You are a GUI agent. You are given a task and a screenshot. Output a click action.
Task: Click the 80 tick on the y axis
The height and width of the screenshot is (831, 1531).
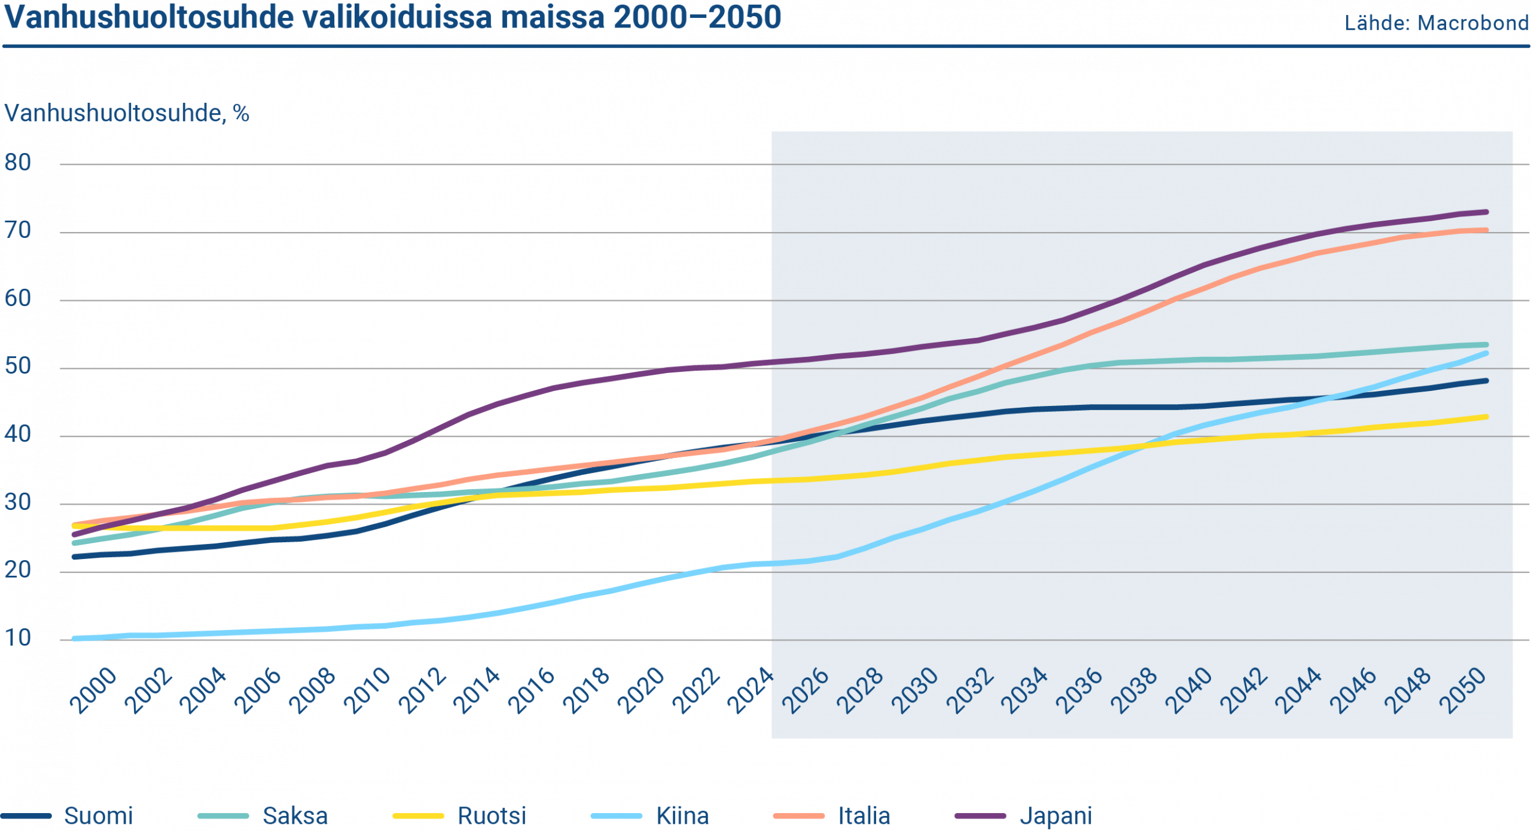coord(18,163)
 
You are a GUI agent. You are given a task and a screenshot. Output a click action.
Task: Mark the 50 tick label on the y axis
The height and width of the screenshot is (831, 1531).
coord(18,366)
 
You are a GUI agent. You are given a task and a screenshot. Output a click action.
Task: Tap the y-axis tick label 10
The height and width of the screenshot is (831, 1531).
coord(18,638)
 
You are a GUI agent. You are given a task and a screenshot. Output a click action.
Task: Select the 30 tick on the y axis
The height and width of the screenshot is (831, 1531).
coord(18,502)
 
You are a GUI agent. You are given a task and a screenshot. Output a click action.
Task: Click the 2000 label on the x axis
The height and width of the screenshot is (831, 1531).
coord(94,691)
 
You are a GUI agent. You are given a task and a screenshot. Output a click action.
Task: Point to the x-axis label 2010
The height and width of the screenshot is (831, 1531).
coord(368,691)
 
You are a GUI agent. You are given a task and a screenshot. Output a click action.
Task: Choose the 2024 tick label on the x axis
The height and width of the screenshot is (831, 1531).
coord(751,691)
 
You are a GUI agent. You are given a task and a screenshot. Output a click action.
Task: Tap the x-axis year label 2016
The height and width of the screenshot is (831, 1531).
coord(532,691)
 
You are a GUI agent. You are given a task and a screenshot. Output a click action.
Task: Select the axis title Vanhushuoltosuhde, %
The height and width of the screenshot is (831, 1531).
coord(126,113)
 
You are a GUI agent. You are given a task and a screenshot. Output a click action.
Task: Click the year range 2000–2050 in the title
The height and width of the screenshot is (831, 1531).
coord(697,18)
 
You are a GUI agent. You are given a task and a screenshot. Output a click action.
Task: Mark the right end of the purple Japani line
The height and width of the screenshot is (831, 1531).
coord(1487,212)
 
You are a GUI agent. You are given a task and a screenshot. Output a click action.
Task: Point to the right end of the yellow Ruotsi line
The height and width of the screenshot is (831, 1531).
coord(1487,417)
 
